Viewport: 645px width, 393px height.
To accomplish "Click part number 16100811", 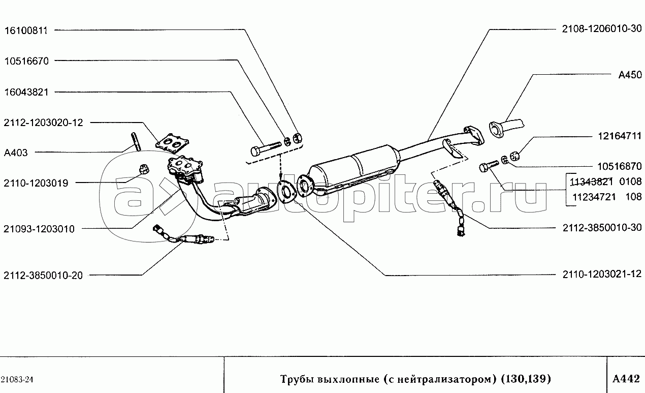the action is click(x=26, y=31).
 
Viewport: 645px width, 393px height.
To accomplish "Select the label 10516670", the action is click(x=26, y=61).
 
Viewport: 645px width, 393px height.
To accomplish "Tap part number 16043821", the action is click(x=26, y=92).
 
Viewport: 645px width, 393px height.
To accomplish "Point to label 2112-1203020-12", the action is click(x=44, y=123).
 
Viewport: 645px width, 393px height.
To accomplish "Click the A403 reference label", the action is click(x=16, y=153).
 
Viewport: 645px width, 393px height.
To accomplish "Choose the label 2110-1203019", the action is click(x=36, y=183).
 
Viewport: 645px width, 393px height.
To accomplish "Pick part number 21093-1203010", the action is click(x=39, y=229).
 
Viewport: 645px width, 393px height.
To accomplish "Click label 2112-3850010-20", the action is click(x=43, y=276).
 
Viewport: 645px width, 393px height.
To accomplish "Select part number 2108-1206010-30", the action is click(x=602, y=28).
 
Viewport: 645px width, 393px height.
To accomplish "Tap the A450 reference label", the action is click(x=630, y=75).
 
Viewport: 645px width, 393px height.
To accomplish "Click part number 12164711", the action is click(x=620, y=136).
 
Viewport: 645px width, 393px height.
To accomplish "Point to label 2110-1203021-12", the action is click(x=602, y=274).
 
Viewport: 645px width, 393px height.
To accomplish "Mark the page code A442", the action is click(x=626, y=379).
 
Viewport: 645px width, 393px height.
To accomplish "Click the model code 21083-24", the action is click(x=17, y=380).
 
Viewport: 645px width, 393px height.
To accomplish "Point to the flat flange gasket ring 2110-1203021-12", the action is click(x=286, y=192).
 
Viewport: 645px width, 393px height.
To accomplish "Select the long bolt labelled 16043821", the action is click(x=266, y=147).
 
